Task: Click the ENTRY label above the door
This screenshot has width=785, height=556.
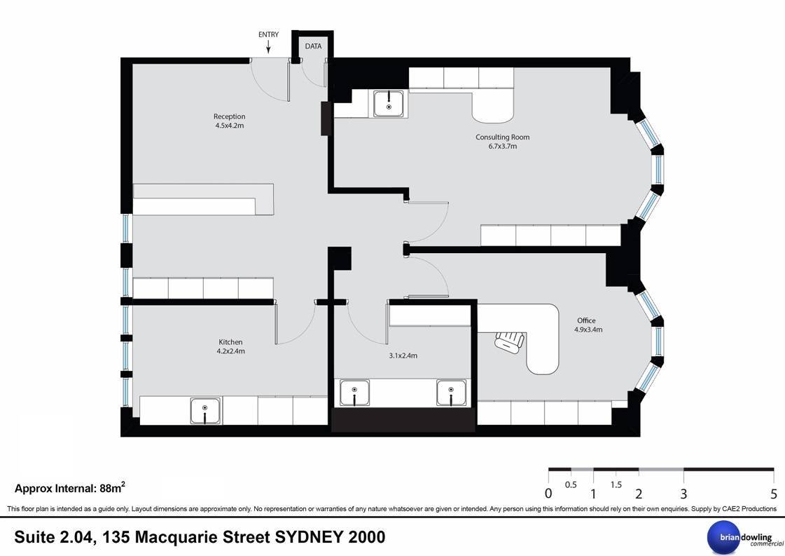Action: pos(268,34)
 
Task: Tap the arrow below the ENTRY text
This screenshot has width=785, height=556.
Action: pos(268,47)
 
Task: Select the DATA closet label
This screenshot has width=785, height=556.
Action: pos(314,46)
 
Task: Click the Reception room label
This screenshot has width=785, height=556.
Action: pos(229,116)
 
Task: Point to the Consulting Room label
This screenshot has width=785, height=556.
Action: pos(502,137)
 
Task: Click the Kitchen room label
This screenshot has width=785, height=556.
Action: pos(230,342)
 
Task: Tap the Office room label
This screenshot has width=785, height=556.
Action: pos(586,320)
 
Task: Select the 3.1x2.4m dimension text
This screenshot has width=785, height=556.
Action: pos(403,355)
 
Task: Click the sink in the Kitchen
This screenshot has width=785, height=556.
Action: pos(205,411)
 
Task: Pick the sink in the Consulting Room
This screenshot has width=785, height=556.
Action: pos(389,104)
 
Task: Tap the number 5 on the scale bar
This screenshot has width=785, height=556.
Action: pos(774,494)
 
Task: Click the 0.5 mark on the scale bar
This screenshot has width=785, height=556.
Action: pos(571,484)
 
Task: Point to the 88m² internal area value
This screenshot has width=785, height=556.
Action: pos(113,487)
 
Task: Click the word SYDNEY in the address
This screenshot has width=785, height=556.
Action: pos(309,537)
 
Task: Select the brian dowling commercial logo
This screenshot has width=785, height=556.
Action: pos(745,538)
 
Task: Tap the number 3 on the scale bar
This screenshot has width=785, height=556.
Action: pos(683,494)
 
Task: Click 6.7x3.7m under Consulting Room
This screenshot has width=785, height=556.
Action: pos(503,147)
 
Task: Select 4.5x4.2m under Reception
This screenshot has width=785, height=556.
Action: pos(229,126)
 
